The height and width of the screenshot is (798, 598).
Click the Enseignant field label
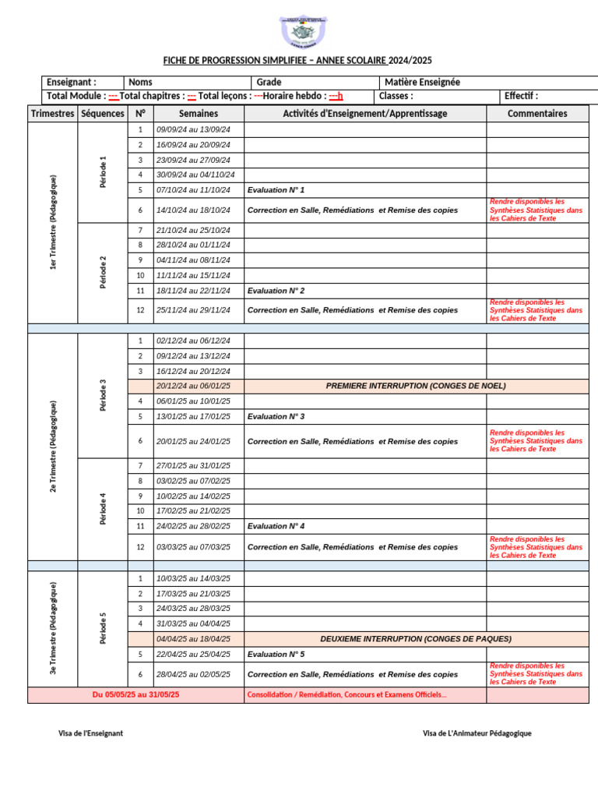(x=72, y=82)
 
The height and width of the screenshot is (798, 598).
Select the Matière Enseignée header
(x=422, y=82)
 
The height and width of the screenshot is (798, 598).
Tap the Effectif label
(x=521, y=96)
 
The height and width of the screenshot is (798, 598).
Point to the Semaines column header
(x=199, y=114)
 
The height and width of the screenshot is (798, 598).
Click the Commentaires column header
(x=537, y=114)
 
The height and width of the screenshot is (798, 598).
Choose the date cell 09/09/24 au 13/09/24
(x=199, y=129)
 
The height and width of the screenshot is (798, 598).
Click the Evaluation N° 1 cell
(x=276, y=190)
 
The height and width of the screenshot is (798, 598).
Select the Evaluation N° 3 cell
(x=276, y=417)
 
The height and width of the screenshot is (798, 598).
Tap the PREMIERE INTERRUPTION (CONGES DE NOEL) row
(x=416, y=387)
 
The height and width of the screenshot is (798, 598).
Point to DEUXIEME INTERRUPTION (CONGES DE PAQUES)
(x=416, y=639)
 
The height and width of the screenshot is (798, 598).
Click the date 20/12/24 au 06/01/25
(x=199, y=387)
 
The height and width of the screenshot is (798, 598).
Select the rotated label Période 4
(x=103, y=509)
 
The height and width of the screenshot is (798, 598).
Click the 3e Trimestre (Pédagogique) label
(x=53, y=628)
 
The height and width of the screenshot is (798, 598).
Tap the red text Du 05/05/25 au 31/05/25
(x=135, y=694)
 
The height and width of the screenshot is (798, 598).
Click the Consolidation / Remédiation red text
(x=347, y=694)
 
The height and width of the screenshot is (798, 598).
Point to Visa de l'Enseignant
(x=91, y=733)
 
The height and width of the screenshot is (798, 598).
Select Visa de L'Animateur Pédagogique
(x=477, y=733)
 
